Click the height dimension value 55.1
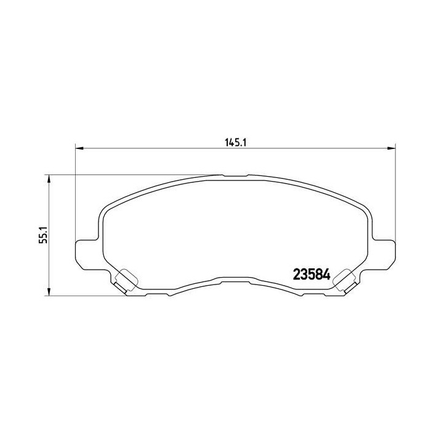pyautogui.click(x=44, y=235)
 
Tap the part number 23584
pyautogui.click(x=312, y=274)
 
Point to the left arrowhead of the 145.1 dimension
pyautogui.click(x=79, y=148)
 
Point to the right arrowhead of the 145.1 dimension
pyautogui.click(x=392, y=148)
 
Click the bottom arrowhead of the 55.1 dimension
pyautogui.click(x=49, y=292)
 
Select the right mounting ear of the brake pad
pyautogui.click(x=384, y=254)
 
